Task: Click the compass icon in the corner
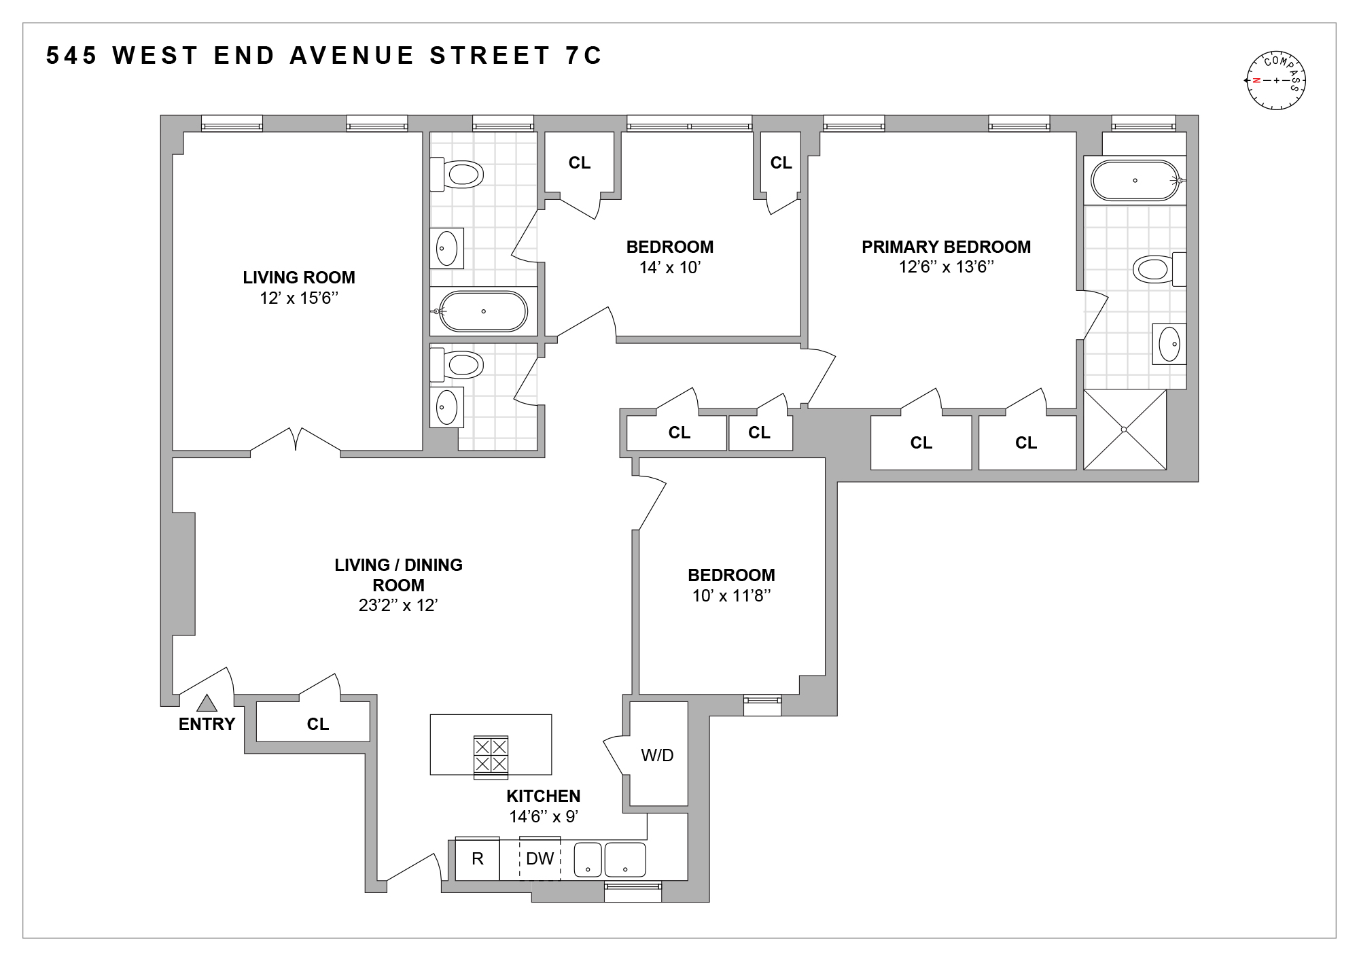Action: point(1275,80)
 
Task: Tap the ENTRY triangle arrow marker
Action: point(207,703)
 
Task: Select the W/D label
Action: point(657,755)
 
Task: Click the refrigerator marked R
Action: point(477,859)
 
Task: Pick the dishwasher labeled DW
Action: point(540,859)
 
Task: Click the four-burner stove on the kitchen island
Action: point(491,756)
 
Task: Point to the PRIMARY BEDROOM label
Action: point(946,247)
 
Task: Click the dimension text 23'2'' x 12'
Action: point(398,606)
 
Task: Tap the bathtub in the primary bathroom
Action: point(1135,180)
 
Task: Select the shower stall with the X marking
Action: point(1125,430)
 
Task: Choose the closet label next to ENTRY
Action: point(317,724)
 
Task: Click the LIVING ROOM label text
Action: point(299,277)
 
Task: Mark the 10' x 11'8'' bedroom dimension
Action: point(731,596)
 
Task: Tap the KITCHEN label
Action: point(543,796)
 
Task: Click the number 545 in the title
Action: point(71,56)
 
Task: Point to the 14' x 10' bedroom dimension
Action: point(669,267)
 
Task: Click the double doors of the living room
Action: point(296,440)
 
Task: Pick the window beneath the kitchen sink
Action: point(633,886)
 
